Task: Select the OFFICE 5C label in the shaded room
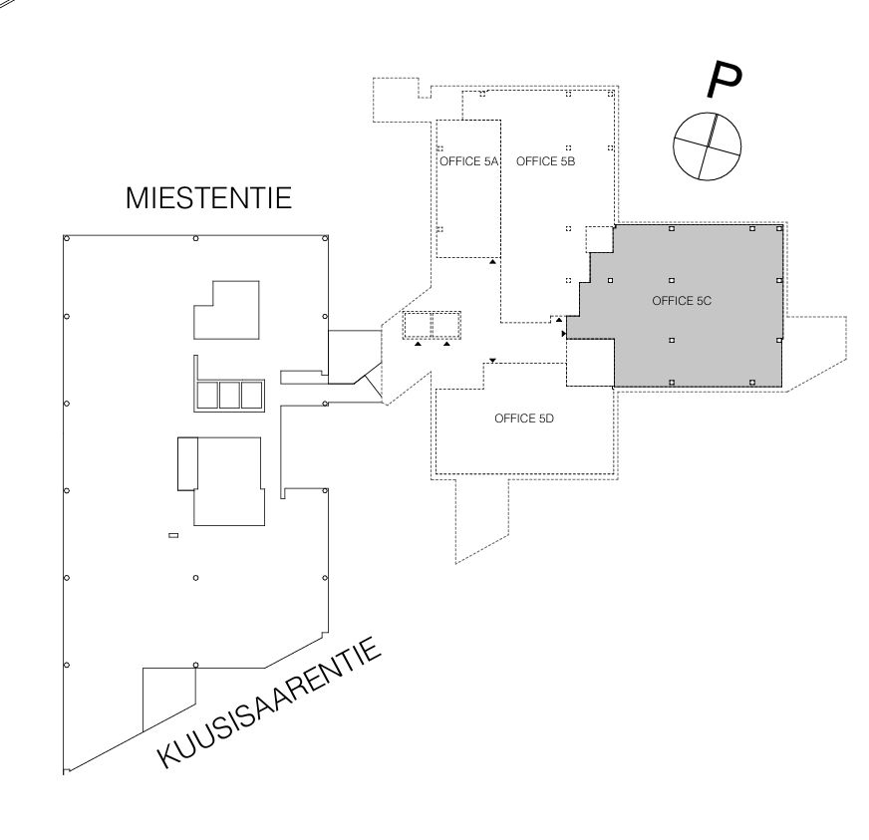[681, 301]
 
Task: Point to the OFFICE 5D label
[523, 420]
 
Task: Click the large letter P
[724, 82]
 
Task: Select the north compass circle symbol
[707, 145]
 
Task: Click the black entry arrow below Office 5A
[492, 262]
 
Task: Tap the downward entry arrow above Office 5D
[492, 360]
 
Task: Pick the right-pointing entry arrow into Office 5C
[564, 333]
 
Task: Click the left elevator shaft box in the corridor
[416, 326]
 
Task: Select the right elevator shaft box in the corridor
[446, 326]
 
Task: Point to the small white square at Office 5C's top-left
[599, 240]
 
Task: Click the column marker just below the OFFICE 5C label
[672, 339]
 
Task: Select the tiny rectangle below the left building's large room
[174, 536]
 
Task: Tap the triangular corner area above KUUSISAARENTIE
[164, 698]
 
